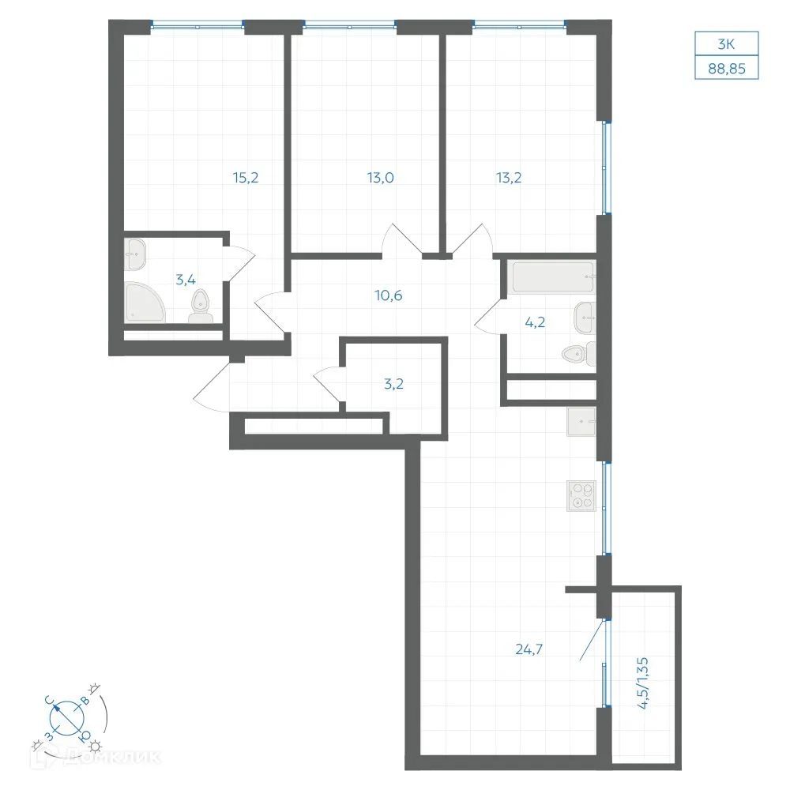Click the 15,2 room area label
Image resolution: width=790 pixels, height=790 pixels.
(246, 177)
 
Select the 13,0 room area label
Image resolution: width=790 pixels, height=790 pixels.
(381, 177)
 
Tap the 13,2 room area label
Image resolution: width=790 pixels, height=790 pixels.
(508, 177)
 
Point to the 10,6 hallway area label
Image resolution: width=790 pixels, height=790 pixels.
(389, 295)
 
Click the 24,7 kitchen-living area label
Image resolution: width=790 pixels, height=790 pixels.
(529, 649)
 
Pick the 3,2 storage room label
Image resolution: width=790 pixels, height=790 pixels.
(393, 384)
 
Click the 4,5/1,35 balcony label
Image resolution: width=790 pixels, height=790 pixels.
(643, 683)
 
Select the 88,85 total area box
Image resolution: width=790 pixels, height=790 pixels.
(727, 68)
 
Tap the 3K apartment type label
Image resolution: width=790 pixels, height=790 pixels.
(726, 44)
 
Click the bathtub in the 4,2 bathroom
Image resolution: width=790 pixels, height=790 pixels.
(551, 276)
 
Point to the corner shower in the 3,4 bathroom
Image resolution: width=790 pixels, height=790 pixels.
(144, 303)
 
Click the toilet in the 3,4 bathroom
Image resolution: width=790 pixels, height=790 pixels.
(201, 307)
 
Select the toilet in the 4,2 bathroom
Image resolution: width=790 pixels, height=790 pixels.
(579, 354)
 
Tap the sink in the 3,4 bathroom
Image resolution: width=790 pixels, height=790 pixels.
(135, 254)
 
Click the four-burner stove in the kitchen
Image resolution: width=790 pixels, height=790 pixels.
(581, 496)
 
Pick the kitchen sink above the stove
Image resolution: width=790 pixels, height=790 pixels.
(581, 421)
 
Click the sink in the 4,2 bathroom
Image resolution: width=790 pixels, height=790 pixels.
(585, 318)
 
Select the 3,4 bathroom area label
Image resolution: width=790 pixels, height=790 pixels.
(186, 279)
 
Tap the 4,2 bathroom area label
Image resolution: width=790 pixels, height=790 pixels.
(535, 322)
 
